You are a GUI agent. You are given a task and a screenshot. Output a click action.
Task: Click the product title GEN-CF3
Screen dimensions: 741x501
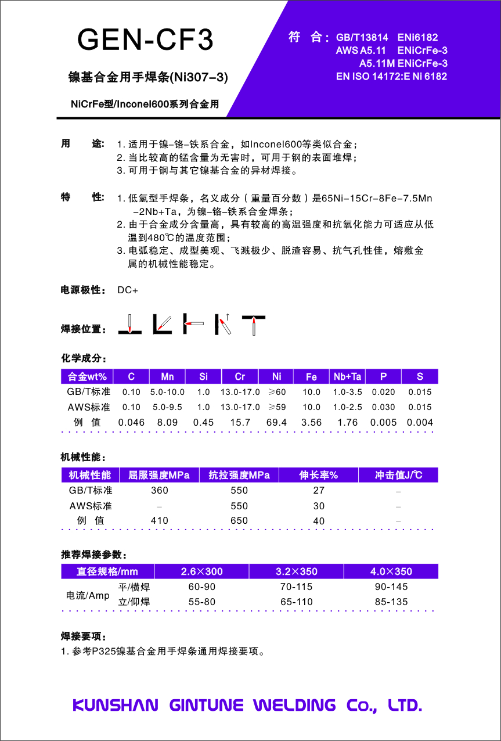[145, 39]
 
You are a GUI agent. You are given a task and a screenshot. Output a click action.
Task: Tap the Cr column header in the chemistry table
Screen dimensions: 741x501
[240, 377]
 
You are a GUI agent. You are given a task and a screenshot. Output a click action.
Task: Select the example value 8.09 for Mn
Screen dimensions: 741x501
[167, 423]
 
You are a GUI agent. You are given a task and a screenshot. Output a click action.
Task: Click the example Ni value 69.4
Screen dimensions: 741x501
[276, 423]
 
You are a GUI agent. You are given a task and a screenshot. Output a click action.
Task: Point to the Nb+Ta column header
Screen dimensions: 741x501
[347, 377]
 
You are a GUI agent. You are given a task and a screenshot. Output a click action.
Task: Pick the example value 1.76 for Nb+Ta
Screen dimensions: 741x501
[347, 423]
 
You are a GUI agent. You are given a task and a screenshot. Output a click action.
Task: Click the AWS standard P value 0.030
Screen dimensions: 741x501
[383, 408]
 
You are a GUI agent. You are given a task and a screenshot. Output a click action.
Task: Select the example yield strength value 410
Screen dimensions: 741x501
[159, 521]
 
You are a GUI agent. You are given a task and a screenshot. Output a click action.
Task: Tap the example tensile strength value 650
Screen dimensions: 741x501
[239, 521]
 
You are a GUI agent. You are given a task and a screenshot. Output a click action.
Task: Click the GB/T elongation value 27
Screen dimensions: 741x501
[319, 491]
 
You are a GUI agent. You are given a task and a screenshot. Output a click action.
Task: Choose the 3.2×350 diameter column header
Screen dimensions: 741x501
[296, 571]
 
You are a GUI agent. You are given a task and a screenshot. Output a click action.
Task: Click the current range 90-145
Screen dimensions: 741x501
[391, 587]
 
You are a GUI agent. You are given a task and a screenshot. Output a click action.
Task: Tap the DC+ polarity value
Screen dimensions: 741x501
[128, 290]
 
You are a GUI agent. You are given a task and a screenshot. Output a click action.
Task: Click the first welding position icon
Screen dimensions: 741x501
[129, 324]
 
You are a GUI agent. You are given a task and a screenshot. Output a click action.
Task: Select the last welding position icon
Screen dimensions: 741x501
[254, 325]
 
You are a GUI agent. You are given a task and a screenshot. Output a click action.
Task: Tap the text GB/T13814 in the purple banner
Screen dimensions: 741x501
[362, 38]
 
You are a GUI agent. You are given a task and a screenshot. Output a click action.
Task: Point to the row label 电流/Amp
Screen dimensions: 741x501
[86, 595]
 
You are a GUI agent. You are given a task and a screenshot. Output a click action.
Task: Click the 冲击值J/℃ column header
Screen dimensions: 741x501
[398, 475]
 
